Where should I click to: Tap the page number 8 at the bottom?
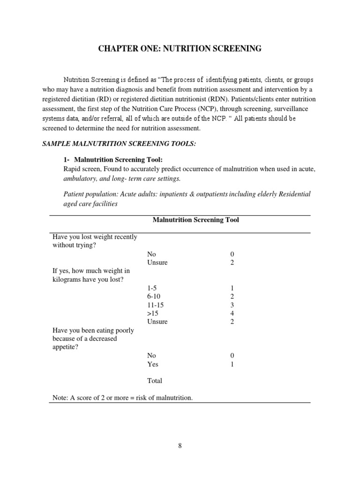point(180,446)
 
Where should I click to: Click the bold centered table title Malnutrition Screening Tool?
point(195,220)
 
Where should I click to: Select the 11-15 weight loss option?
point(156,305)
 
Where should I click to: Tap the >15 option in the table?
point(153,313)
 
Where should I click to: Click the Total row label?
point(155,381)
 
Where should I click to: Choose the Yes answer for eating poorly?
point(153,364)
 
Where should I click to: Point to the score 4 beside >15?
point(232,313)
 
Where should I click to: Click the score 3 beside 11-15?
point(232,305)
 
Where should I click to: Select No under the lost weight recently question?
point(152,254)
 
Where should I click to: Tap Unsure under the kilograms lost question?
point(157,322)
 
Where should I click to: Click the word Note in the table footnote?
point(60,397)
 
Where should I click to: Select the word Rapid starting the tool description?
point(73,169)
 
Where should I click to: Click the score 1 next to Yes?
point(232,364)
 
